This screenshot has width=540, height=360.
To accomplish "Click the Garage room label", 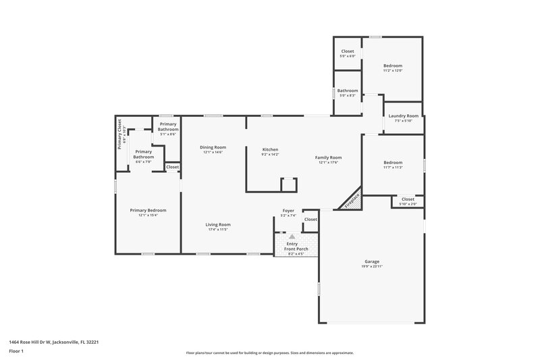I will pyautogui.click(x=372, y=261).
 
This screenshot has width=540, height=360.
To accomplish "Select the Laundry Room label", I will pyautogui.click(x=403, y=115).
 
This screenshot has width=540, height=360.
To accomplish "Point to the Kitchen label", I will pyautogui.click(x=269, y=149).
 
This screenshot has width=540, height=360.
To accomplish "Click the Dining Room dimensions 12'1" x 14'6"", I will pyautogui.click(x=213, y=153).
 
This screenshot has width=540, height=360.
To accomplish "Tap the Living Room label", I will pyautogui.click(x=219, y=224).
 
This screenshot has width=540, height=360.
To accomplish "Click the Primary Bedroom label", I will pyautogui.click(x=148, y=210).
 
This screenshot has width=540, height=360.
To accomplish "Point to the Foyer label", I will pyautogui.click(x=288, y=211).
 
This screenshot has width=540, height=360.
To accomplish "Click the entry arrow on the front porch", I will pyautogui.click(x=292, y=237).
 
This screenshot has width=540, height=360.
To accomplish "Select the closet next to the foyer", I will pyautogui.click(x=310, y=220).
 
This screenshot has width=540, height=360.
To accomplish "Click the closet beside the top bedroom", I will pyautogui.click(x=348, y=51).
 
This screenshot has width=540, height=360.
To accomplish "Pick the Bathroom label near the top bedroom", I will pyautogui.click(x=348, y=91).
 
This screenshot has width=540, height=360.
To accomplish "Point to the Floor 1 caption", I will pyautogui.click(x=16, y=351).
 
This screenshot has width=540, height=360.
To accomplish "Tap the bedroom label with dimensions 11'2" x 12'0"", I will pyautogui.click(x=393, y=66).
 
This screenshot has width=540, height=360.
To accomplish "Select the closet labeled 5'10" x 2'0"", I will pyautogui.click(x=408, y=199).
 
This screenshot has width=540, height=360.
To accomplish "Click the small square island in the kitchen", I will pyautogui.click(x=288, y=184).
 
